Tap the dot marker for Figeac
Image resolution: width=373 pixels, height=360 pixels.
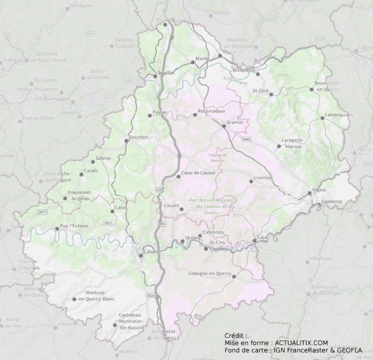coord(309,193)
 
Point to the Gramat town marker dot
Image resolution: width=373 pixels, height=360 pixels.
coord(223,126)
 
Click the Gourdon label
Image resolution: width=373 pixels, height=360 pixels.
coord(138,137)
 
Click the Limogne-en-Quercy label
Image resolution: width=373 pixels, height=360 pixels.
coord(209,274)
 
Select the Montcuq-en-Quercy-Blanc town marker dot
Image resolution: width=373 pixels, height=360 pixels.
coord(74,299)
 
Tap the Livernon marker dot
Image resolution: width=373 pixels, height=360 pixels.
coord(251,181)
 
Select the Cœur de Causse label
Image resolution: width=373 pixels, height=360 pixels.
coord(198,172)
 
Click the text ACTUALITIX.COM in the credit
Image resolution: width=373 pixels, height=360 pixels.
coord(301,343)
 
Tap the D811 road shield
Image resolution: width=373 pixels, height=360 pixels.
coord(108,223)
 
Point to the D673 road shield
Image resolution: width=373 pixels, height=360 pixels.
coord(43,212)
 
